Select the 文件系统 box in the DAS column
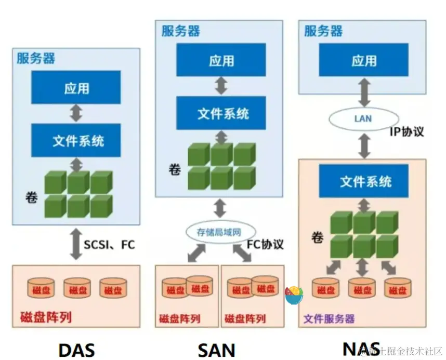(x=76, y=140)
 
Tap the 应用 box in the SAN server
(x=221, y=60)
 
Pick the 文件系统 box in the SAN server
(x=221, y=113)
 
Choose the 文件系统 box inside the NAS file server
(x=365, y=181)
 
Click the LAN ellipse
(x=363, y=118)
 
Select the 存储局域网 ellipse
(x=219, y=232)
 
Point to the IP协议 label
(x=406, y=131)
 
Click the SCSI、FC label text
(x=109, y=244)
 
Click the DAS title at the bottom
(x=76, y=350)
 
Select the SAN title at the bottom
(x=217, y=350)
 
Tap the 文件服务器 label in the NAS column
(x=329, y=318)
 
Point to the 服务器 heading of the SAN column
(x=180, y=31)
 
